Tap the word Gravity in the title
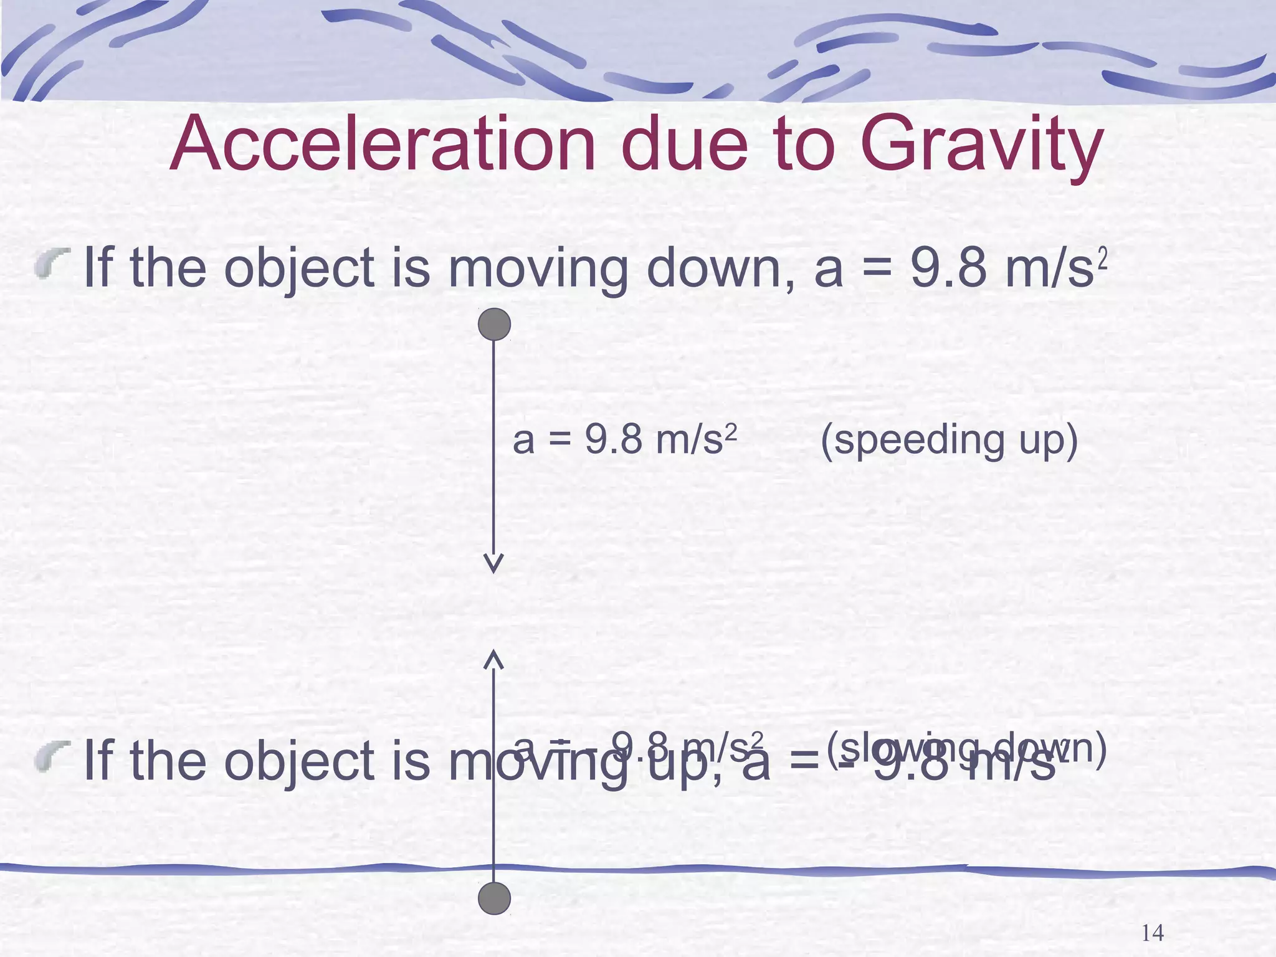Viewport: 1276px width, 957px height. point(983,145)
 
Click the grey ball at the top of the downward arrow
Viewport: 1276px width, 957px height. point(494,325)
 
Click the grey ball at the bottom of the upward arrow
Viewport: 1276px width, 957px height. point(494,898)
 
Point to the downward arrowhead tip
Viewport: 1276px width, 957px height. point(493,571)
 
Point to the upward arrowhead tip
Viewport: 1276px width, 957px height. point(493,652)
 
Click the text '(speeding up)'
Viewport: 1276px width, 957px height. point(949,440)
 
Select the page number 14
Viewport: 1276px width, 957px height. point(1152,933)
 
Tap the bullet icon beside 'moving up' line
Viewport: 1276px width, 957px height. point(52,756)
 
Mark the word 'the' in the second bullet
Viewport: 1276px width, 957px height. point(168,761)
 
